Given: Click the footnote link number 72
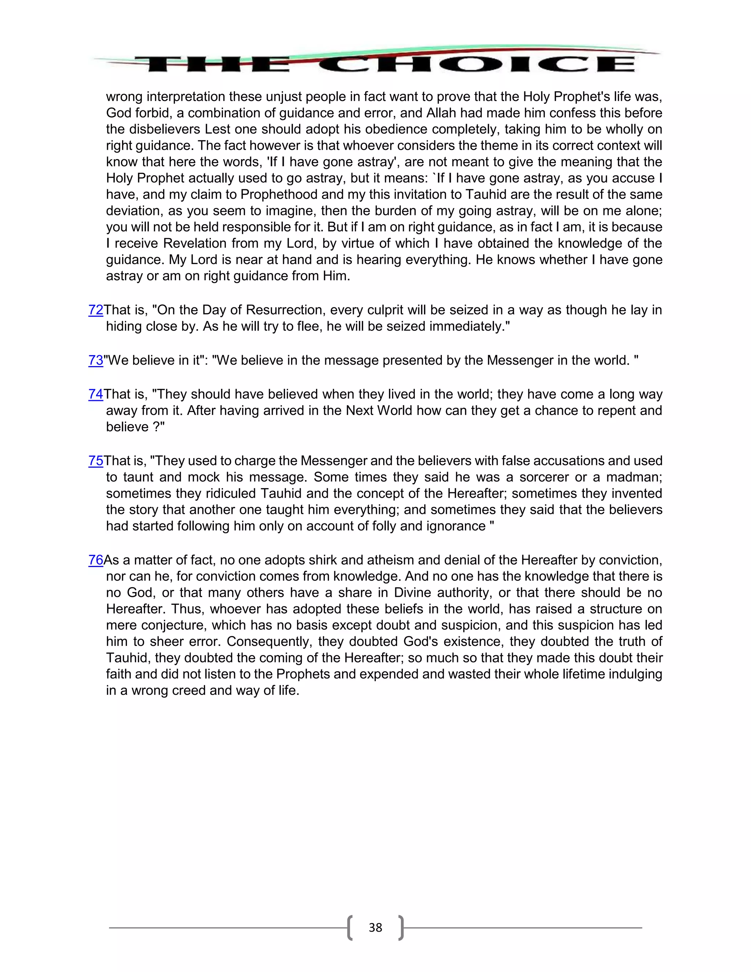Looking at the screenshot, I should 96,310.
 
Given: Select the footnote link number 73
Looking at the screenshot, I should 96,360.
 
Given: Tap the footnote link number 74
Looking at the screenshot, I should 96,394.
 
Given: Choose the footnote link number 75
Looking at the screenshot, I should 96,461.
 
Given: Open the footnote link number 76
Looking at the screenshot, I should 96,560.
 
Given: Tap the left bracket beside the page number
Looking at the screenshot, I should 350,928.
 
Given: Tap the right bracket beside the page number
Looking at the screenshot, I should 401,928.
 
